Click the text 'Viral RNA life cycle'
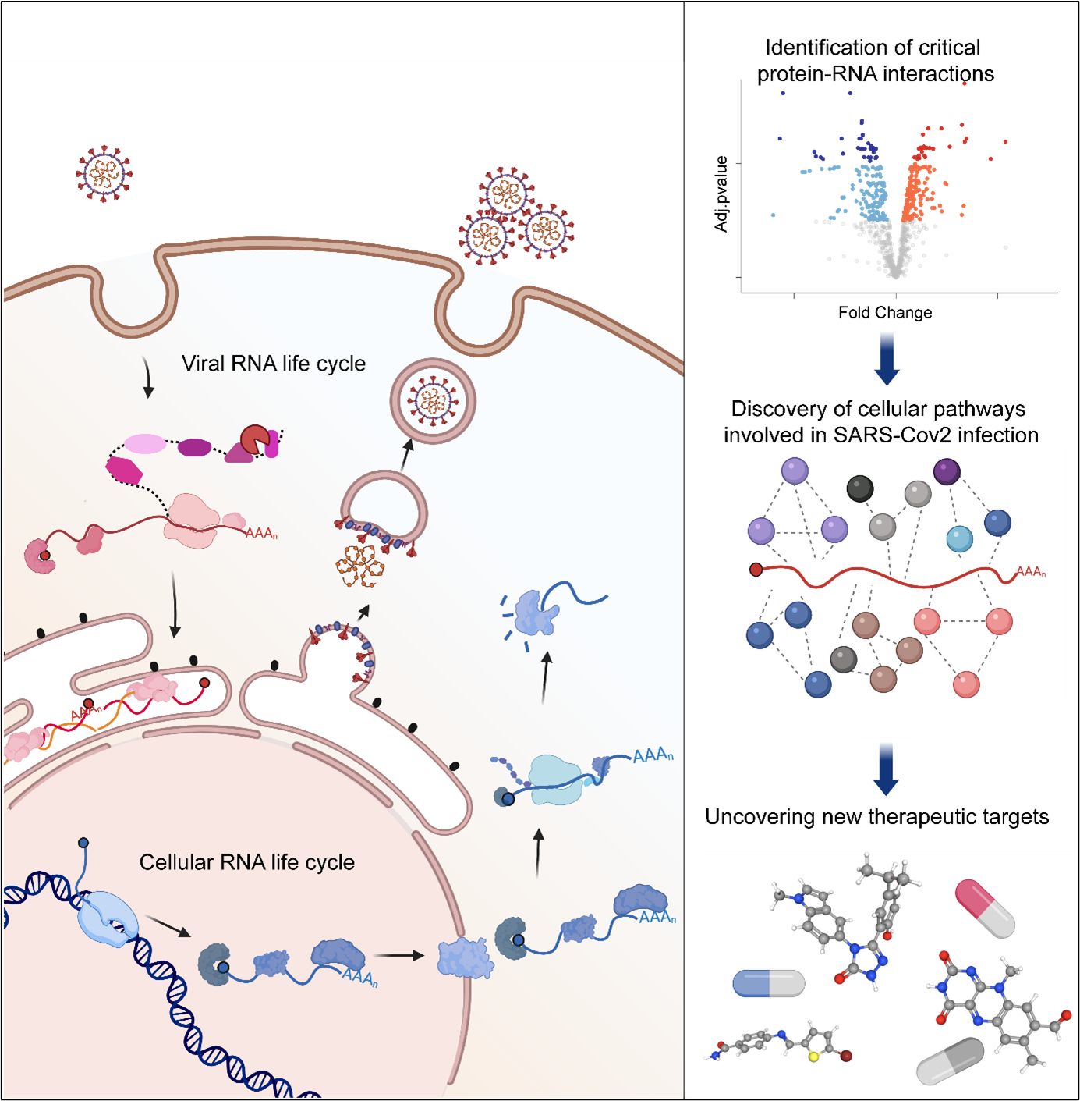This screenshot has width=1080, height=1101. [273, 364]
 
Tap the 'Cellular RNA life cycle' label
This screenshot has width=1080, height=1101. [246, 862]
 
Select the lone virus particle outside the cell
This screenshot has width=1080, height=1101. [104, 173]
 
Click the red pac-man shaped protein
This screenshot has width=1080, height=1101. [255, 440]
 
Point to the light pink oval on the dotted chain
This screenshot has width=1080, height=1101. [145, 444]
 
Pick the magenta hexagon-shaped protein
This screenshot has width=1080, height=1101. [125, 471]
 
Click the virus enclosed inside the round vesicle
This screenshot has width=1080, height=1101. [433, 401]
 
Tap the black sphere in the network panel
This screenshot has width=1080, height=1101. [860, 488]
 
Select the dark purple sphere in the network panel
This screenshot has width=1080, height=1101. [947, 471]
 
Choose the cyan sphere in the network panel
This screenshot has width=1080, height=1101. [959, 538]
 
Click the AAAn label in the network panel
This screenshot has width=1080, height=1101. [1030, 572]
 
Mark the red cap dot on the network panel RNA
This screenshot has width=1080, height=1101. [756, 570]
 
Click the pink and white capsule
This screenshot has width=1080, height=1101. [985, 908]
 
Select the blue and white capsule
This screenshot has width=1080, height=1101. [768, 983]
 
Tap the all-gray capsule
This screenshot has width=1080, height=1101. [950, 1061]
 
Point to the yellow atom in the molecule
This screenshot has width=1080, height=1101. [813, 1057]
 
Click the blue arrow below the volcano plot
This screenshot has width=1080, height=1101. [886, 360]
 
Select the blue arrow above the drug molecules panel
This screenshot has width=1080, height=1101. [885, 770]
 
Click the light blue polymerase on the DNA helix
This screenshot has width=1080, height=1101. [108, 918]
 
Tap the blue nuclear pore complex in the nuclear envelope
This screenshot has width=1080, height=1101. [466, 957]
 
